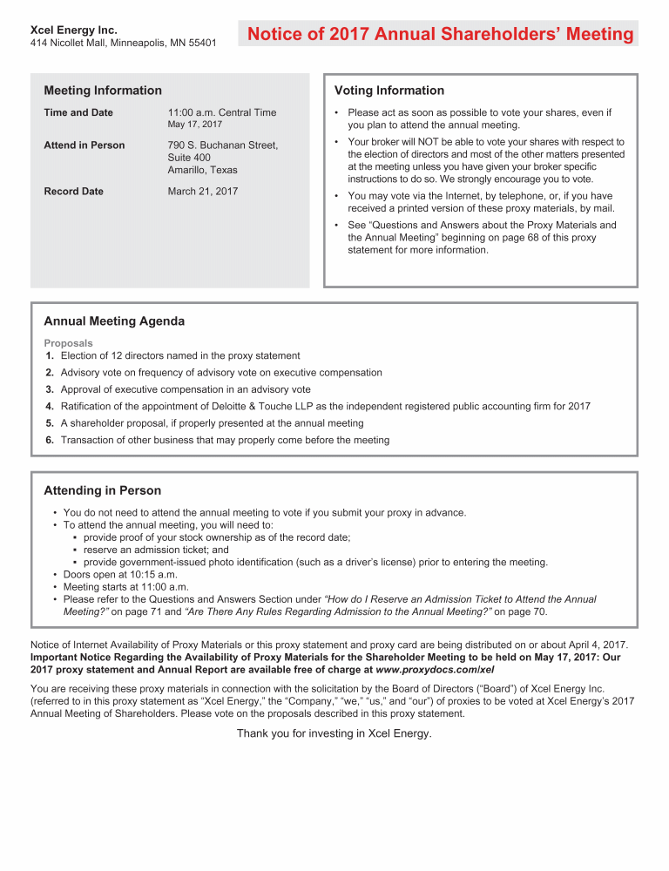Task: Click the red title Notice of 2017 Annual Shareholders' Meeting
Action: [440, 34]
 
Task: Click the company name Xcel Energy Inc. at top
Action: [74, 30]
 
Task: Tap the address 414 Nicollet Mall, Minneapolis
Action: [123, 43]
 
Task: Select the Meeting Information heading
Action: [103, 91]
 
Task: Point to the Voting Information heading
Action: [389, 91]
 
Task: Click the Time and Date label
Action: [78, 112]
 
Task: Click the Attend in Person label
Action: [84, 145]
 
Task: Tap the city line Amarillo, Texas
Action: [202, 170]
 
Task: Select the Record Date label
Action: [73, 191]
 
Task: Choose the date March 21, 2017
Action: [202, 191]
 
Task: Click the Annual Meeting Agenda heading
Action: [114, 321]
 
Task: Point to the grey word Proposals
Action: [68, 343]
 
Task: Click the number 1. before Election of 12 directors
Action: [50, 355]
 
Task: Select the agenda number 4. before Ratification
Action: [50, 407]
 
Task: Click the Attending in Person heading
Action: [103, 491]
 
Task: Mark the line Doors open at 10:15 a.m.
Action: [120, 575]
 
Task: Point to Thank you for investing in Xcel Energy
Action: [334, 733]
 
